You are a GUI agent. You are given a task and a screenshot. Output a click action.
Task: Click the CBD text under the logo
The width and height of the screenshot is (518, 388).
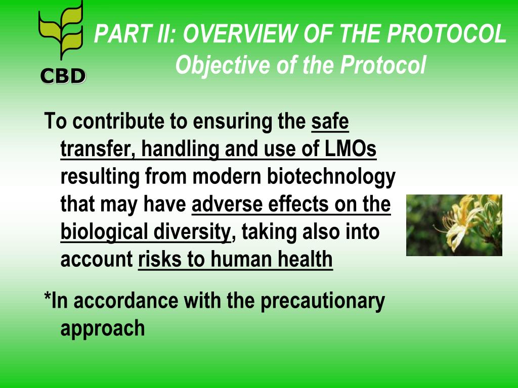(x=63, y=76)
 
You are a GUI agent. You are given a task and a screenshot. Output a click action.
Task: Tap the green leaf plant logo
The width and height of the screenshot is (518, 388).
(x=61, y=30)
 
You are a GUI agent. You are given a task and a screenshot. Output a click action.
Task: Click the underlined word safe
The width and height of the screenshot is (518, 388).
(x=330, y=121)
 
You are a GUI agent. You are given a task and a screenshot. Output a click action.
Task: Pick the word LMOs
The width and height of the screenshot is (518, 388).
(x=350, y=149)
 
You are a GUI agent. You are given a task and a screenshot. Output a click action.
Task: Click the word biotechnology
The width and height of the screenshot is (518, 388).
(x=331, y=177)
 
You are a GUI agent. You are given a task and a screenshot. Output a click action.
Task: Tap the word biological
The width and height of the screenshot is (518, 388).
(x=104, y=232)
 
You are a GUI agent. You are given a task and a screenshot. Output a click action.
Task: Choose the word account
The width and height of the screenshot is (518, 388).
(x=97, y=260)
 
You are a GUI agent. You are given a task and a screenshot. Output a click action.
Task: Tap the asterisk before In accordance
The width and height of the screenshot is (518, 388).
(x=48, y=296)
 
